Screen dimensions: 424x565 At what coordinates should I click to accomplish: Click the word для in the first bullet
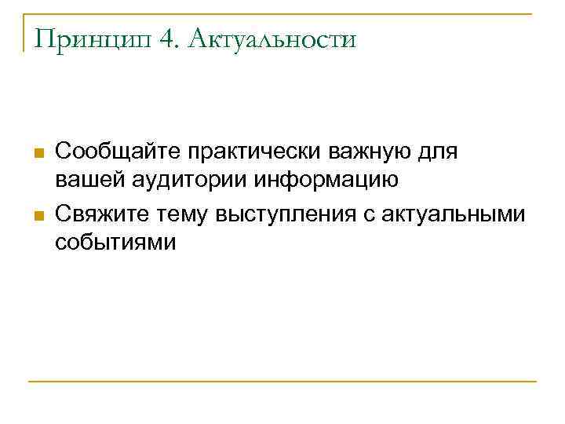click(x=440, y=149)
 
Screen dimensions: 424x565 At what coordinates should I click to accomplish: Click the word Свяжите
click(x=100, y=211)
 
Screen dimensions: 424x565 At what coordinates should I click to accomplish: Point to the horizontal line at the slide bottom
click(x=282, y=382)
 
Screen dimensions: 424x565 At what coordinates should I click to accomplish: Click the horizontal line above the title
click(x=282, y=13)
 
